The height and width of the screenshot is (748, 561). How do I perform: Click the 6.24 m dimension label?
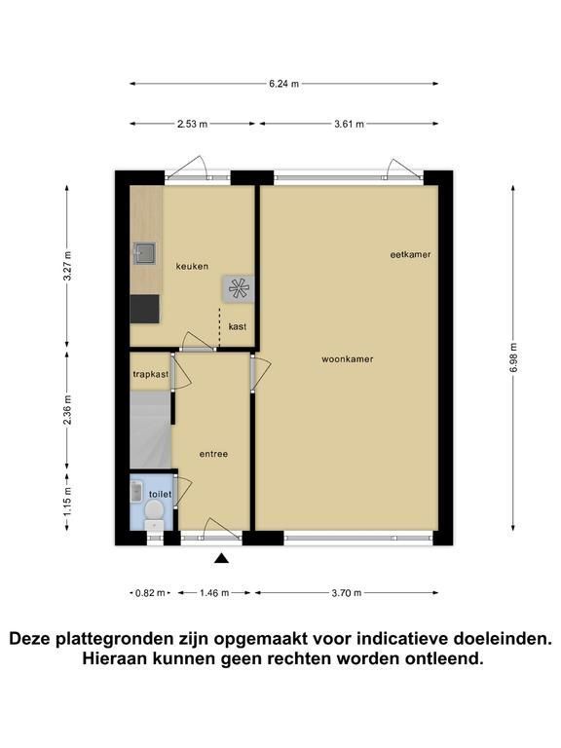[x=283, y=84]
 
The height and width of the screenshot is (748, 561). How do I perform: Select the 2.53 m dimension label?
[x=192, y=124]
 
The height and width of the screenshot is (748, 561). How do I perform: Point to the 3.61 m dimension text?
[x=350, y=124]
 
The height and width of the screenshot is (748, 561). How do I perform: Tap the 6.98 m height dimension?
[x=513, y=357]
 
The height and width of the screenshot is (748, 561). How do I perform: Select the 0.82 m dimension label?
[x=150, y=593]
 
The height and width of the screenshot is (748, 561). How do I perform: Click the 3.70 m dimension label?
[x=347, y=593]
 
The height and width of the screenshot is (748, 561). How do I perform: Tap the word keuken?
[x=192, y=266]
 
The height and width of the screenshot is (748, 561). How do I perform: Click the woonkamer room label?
[x=348, y=359]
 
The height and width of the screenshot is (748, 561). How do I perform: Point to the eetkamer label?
[x=411, y=255]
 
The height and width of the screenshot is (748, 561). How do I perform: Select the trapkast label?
[x=151, y=374]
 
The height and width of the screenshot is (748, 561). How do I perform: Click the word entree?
[x=213, y=454]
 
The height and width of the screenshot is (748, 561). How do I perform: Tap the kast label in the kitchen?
[x=238, y=327]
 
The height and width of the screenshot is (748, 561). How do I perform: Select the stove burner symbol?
[x=238, y=288]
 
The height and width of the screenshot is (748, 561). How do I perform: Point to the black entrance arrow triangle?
[x=221, y=558]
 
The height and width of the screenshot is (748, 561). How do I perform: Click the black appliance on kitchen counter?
[x=144, y=309]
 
